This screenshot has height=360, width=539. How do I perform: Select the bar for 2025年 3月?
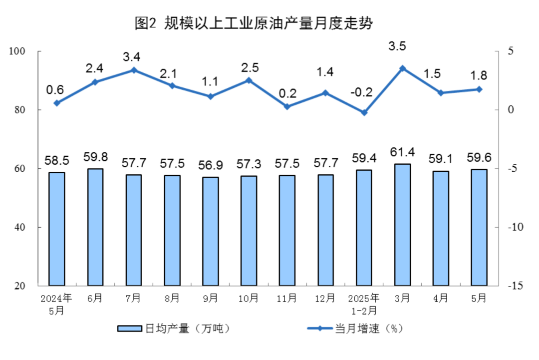(402, 225)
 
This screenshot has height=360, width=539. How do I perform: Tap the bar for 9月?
(211, 231)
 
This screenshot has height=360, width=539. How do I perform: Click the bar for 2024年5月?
(56, 229)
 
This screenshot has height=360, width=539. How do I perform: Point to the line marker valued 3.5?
(402, 68)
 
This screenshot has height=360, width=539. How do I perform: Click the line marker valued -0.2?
(364, 113)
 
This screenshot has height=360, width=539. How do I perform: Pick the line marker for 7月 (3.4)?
(134, 70)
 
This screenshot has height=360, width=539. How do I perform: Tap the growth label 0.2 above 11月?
(287, 93)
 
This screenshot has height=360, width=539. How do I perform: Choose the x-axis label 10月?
(249, 299)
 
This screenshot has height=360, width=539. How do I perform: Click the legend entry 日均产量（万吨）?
(174, 329)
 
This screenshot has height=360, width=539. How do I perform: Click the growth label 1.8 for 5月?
(479, 76)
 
